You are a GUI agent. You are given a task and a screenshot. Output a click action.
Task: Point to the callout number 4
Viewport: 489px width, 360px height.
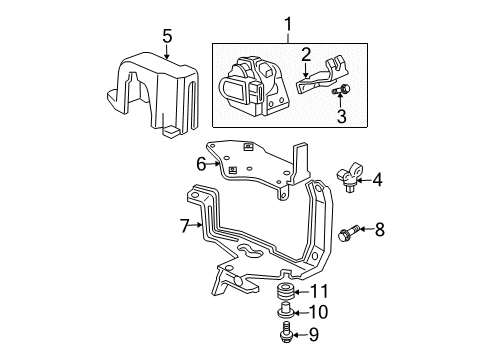tap(377, 181)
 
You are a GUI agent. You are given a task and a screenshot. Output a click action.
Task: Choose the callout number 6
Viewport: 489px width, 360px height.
tap(200, 163)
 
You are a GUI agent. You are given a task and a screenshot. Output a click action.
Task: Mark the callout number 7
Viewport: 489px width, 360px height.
tap(183, 225)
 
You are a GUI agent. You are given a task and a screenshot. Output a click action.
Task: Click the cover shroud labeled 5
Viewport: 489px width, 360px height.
tap(155, 95)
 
